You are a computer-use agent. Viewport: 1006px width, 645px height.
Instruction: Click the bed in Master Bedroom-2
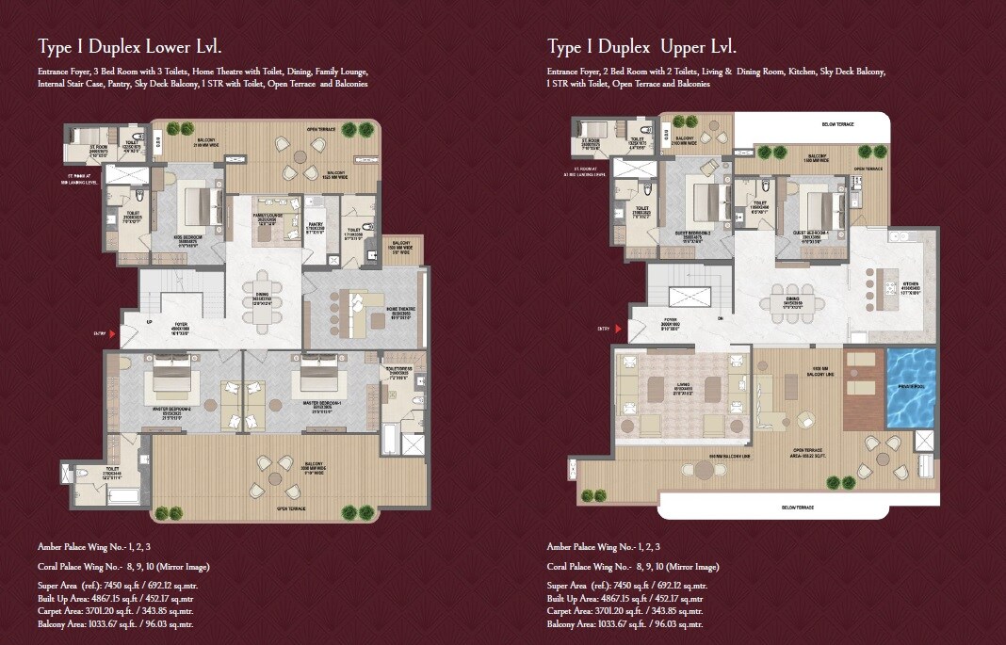172,379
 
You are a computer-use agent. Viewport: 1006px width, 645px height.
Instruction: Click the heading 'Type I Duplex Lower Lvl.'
130,46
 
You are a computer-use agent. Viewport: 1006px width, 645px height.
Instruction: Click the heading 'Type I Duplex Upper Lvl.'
641,46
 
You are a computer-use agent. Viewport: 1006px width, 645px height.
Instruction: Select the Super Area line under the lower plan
118,586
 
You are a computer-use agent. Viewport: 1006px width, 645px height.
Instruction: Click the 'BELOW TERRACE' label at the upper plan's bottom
798,508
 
